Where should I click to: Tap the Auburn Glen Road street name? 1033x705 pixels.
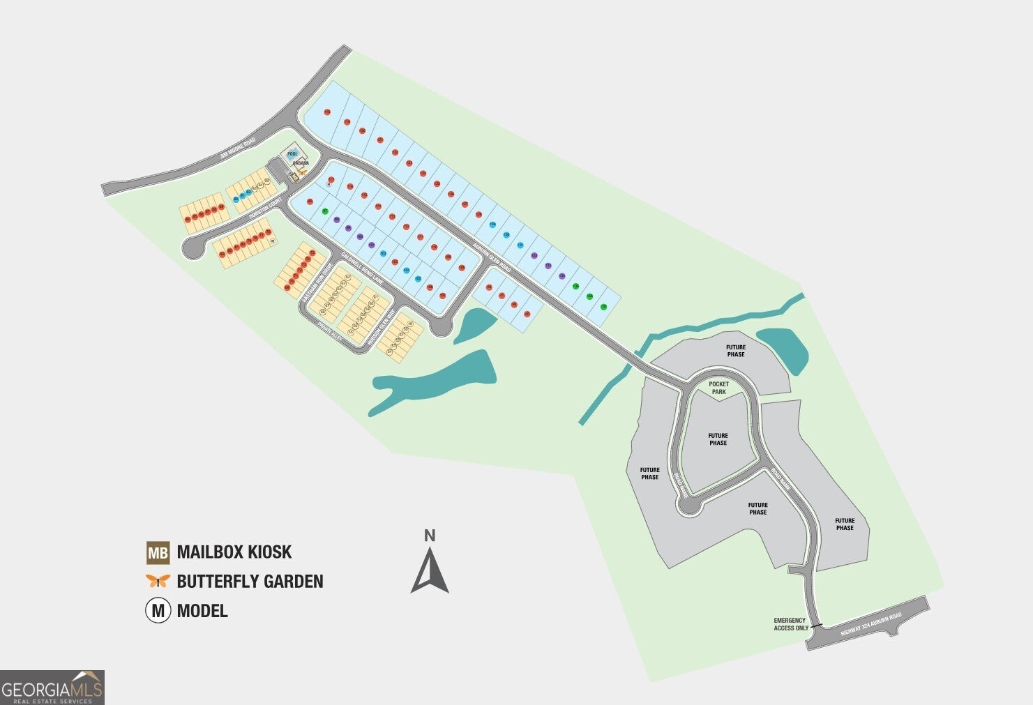[492, 257]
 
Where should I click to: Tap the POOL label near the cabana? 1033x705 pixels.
[293, 154]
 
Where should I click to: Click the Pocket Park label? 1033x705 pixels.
[718, 388]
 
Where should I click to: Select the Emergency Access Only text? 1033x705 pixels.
[790, 624]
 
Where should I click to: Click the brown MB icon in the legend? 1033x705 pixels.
[158, 553]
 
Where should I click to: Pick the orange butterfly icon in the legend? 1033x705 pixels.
[158, 581]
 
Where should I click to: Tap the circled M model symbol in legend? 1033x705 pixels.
[158, 611]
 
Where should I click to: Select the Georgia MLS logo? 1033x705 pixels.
[52, 687]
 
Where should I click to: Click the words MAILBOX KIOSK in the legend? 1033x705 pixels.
[234, 552]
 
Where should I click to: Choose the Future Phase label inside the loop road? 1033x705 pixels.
[718, 439]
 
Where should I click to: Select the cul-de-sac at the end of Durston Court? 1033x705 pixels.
[191, 248]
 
